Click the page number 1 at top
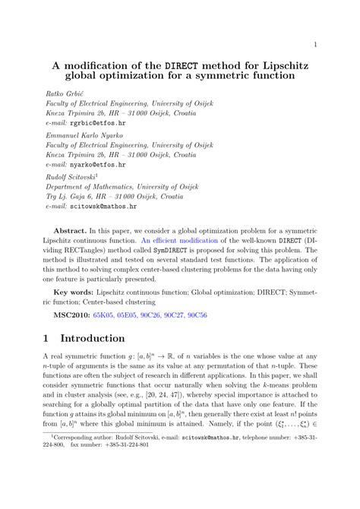(314, 44)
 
